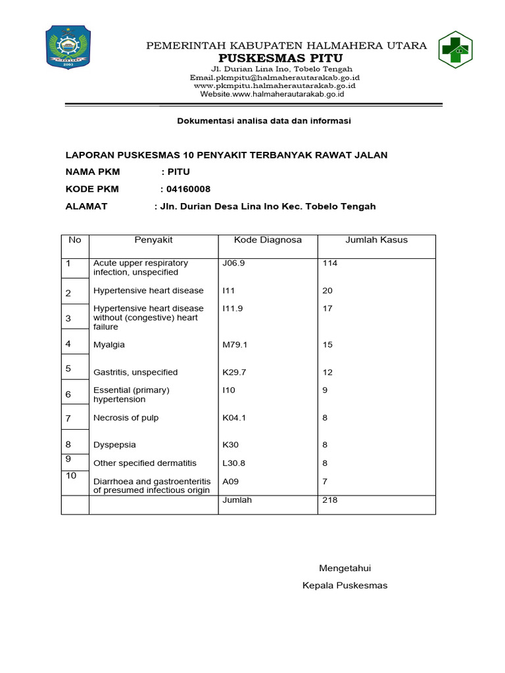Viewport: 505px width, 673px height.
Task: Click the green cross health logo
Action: pos(460,50)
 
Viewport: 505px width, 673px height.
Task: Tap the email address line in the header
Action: pos(275,78)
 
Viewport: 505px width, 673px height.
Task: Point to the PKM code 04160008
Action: pos(188,189)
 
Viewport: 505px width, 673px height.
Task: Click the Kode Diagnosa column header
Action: pos(268,240)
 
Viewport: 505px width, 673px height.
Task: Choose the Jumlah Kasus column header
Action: pos(376,240)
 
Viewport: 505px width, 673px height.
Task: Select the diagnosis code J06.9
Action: pos(234,264)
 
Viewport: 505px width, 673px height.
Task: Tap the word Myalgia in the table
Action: pos(109,344)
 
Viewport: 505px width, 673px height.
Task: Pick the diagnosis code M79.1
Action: pos(235,344)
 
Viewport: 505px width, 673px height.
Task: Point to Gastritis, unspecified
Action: pos(135,372)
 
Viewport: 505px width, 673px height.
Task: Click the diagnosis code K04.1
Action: pos(235,417)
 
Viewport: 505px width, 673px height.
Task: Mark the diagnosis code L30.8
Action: pos(234,463)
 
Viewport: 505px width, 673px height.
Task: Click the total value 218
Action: pos(329,500)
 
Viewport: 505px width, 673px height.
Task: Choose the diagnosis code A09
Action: pos(230,481)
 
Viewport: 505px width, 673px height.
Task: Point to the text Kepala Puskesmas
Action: pos(345,586)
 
